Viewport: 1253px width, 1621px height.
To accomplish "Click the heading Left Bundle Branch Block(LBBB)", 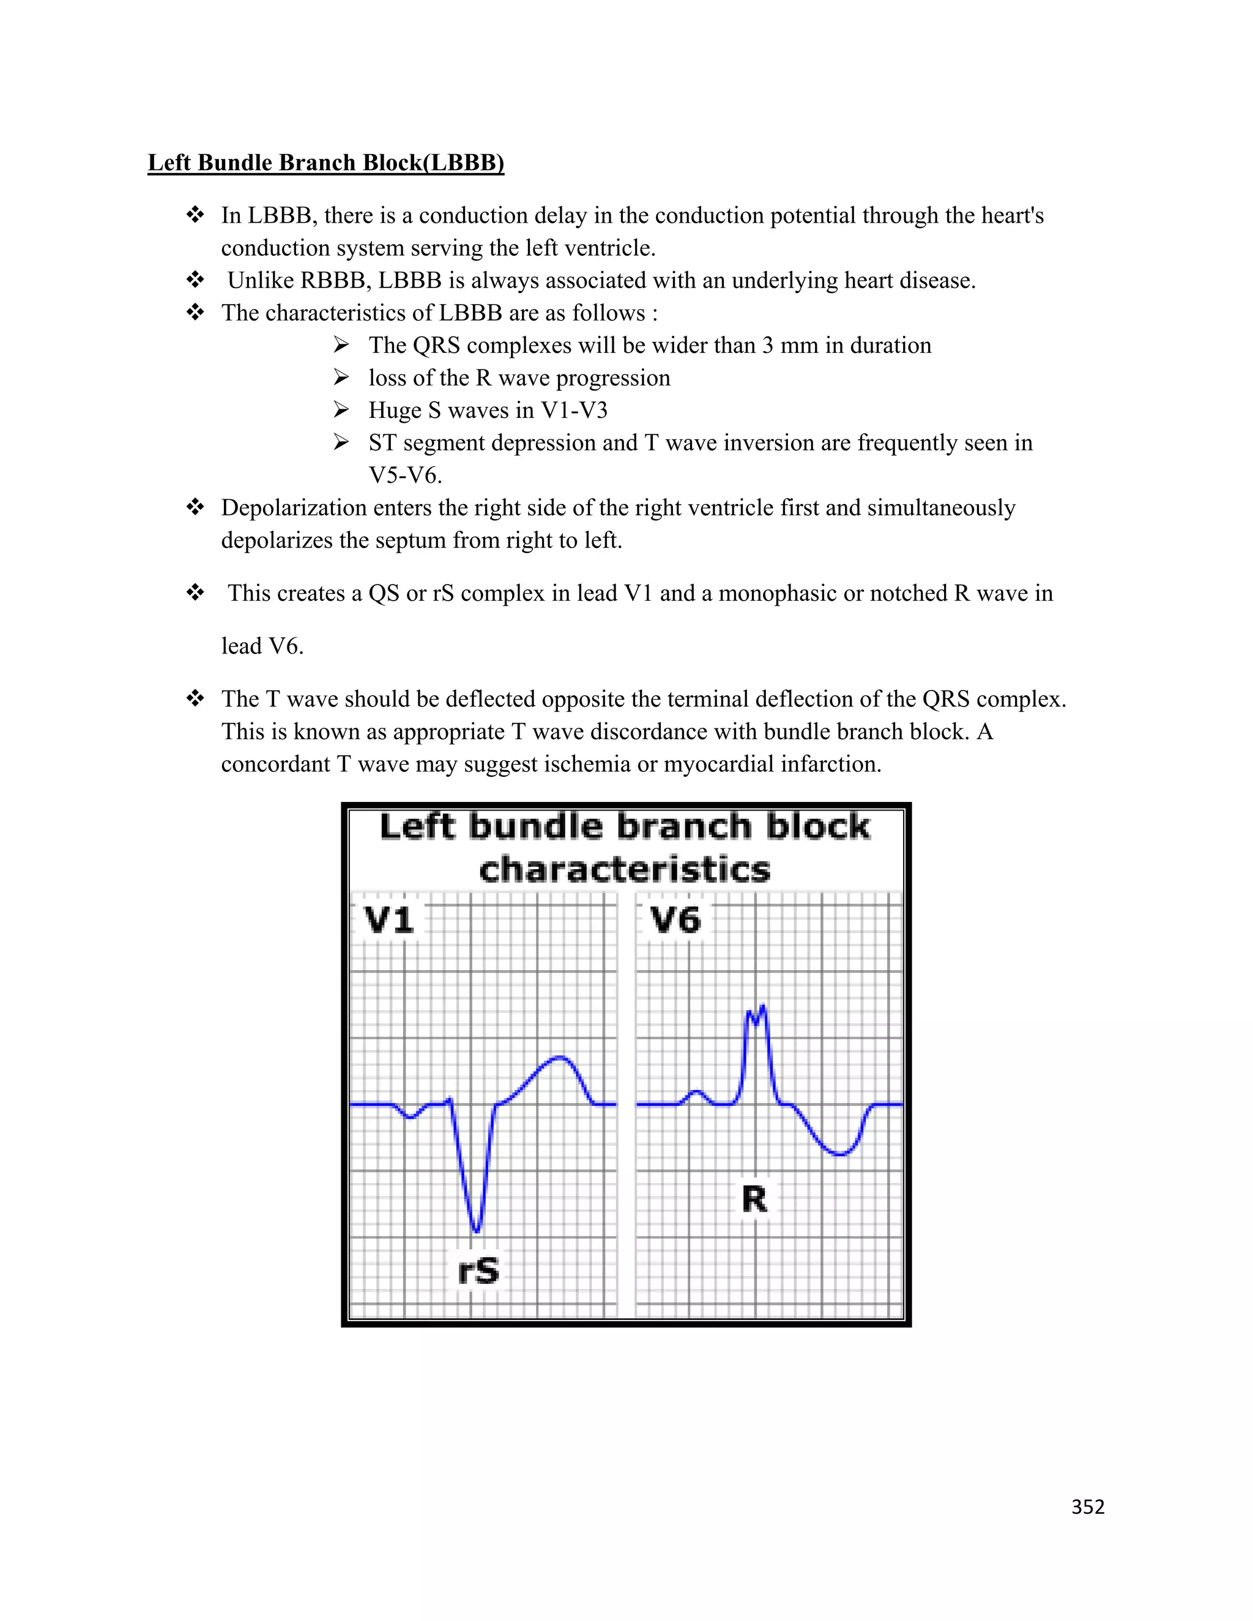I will tap(326, 163).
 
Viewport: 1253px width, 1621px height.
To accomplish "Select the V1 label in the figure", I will tap(389, 921).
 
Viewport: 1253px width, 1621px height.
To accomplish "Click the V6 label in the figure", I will tap(675, 921).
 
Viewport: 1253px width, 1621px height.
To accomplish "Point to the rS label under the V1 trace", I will tap(478, 1270).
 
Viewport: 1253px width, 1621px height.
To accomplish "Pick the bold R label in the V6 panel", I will tap(754, 1199).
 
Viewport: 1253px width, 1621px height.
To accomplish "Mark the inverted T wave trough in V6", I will tap(839, 1154).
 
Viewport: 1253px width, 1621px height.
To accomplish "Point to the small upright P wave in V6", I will tap(696, 1092).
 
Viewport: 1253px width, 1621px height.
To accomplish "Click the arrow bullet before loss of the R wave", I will tap(341, 378).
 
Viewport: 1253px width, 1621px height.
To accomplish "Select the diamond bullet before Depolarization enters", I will tap(195, 508).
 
